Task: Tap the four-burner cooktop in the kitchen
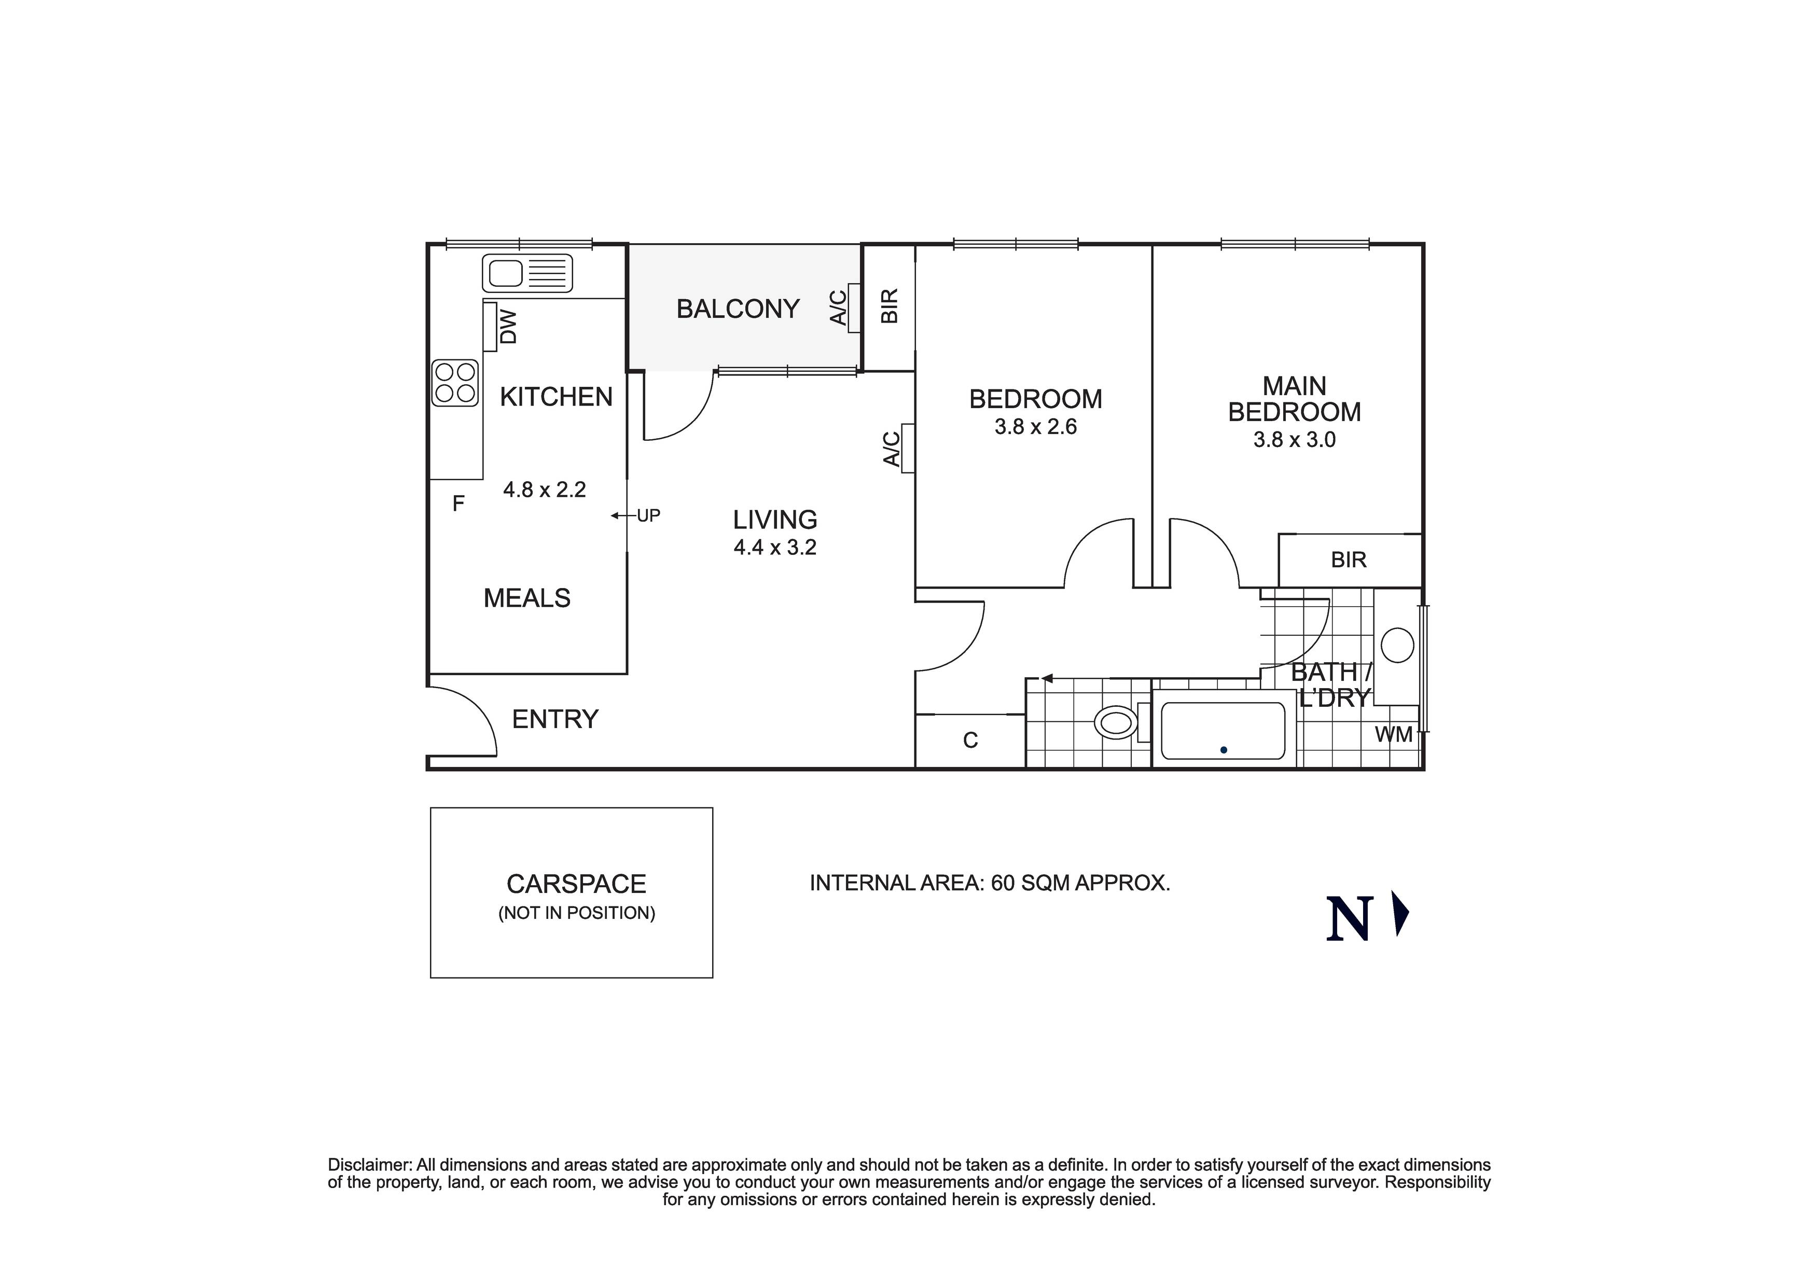tap(455, 383)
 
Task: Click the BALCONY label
tap(738, 309)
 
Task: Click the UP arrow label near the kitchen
tap(647, 516)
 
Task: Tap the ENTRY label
tap(554, 719)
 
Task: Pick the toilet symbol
tap(1116, 722)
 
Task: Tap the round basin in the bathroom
tap(1397, 645)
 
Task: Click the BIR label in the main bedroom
tap(1349, 560)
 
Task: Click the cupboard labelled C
tap(970, 740)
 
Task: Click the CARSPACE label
tap(576, 884)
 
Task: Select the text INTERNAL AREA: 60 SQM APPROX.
tap(990, 883)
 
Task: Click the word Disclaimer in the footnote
tap(369, 1165)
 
